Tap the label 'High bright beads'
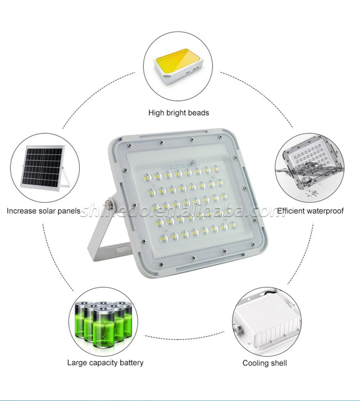pos(179,112)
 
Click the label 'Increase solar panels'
pos(44,211)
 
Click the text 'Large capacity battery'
pos(105,362)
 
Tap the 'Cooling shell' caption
pos(265,363)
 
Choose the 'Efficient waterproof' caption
pos(310,211)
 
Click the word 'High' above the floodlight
pos(156,112)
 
